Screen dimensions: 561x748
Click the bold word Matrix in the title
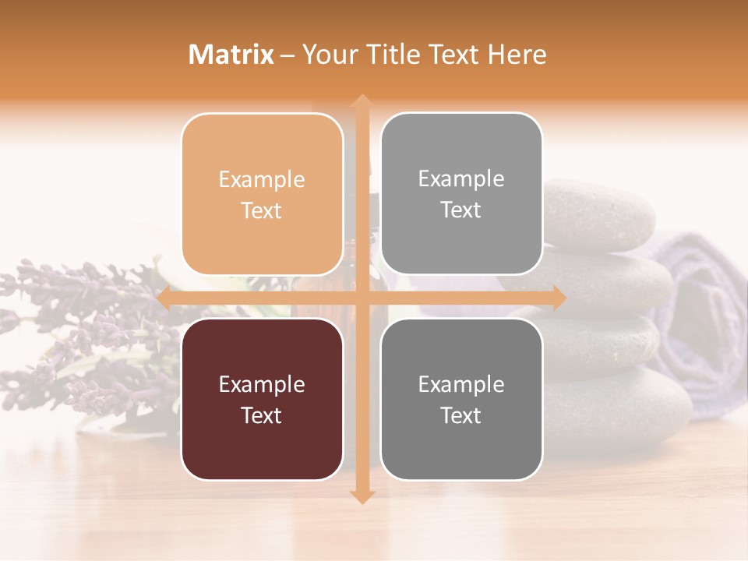[x=231, y=55]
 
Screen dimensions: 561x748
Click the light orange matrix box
[x=262, y=194]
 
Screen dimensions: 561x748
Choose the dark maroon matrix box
[x=262, y=399]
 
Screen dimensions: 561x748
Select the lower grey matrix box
[x=461, y=399]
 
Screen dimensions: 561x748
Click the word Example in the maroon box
[x=262, y=384]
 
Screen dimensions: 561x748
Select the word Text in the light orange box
[x=262, y=210]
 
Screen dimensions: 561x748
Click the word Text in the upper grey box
[x=461, y=210]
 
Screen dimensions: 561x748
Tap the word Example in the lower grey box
[x=461, y=384]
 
